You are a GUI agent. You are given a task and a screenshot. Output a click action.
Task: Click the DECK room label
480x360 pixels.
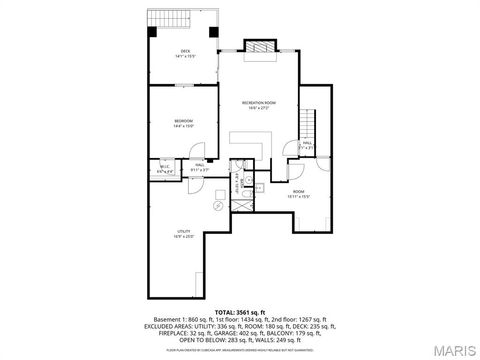coord(185,53)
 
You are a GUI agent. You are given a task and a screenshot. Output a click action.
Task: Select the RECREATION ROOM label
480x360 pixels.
coord(258,104)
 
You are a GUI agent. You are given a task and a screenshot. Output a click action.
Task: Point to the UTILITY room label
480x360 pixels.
coord(182,234)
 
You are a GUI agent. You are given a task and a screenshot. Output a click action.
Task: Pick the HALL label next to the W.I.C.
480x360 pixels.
coord(200,167)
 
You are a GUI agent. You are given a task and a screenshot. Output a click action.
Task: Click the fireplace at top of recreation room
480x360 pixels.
coord(258,46)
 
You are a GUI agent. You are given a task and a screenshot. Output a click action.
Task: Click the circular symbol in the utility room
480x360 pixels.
coord(218,204)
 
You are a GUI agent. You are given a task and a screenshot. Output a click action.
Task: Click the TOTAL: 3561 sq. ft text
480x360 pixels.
coord(239,311)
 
